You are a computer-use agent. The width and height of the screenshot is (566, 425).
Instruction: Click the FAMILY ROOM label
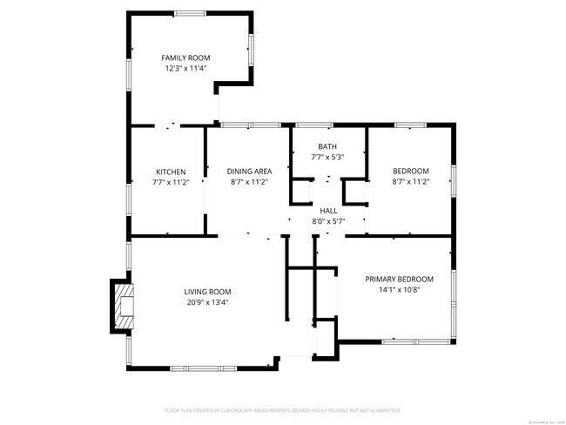(185, 57)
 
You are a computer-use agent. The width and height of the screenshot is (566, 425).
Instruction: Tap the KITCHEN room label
(171, 172)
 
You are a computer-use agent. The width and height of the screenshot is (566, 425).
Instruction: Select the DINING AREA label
(247, 172)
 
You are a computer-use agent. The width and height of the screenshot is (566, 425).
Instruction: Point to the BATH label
(327, 147)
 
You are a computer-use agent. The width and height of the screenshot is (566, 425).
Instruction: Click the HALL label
(328, 211)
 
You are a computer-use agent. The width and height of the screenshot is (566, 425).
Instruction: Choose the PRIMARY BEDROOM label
(399, 279)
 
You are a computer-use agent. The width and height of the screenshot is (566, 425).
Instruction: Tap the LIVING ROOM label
(207, 292)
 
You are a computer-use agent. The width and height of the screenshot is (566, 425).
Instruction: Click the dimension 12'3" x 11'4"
(185, 68)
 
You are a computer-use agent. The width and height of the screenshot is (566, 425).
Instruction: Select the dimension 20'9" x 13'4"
(207, 302)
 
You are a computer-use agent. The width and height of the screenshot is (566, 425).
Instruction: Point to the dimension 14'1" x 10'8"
(399, 289)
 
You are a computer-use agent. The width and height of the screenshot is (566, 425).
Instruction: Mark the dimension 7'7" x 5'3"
(327, 158)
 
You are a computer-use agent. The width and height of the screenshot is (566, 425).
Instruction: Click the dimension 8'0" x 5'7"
(328, 221)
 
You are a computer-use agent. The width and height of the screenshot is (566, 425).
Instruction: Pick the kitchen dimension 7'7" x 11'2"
(171, 182)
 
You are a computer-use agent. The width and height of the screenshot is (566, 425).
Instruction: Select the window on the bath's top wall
(315, 125)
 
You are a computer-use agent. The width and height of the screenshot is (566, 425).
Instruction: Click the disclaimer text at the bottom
(282, 409)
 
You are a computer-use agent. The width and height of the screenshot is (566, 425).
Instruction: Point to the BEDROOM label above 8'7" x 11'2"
(411, 171)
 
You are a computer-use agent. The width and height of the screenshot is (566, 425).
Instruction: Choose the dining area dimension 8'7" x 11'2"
(247, 182)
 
